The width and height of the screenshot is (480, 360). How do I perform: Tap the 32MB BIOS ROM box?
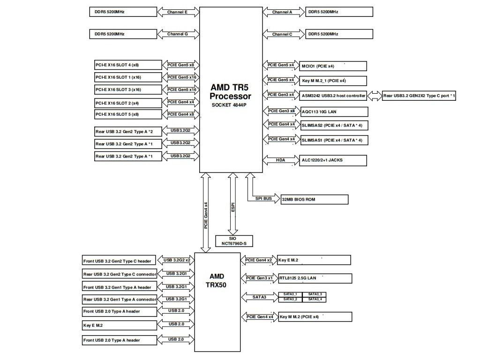pos(314,199)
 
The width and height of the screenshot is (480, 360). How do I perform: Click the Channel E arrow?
pos(177,12)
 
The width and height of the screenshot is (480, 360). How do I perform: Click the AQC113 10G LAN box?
pos(334,112)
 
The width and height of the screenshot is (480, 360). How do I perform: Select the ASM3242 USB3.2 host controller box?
pos(333,96)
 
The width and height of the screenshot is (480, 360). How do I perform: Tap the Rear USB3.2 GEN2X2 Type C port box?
pos(419,96)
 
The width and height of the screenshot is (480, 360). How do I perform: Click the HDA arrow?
pos(280,160)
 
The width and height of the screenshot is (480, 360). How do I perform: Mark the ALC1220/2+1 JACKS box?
pos(333,160)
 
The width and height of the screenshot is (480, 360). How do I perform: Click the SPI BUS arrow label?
pos(264,199)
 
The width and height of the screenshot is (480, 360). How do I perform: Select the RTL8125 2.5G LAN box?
pos(314,278)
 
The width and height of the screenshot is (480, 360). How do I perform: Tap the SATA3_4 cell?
pos(315,299)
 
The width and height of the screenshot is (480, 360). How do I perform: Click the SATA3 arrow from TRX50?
pos(259,297)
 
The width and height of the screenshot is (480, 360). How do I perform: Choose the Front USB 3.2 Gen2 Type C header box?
pos(119,261)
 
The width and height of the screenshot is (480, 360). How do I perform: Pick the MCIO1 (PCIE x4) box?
pos(333,66)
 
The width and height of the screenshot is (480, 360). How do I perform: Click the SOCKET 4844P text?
pos(230,105)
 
